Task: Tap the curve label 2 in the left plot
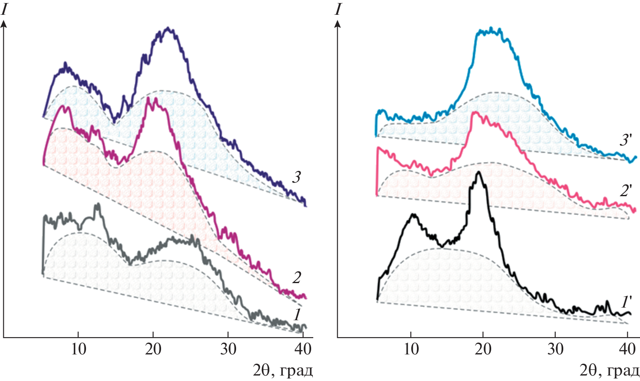coord(297,278)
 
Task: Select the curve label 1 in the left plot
coord(297,314)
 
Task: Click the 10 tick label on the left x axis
coord(78,349)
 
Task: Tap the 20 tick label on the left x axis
coord(153,349)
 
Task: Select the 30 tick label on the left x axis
coord(228,349)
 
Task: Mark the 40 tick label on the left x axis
coord(303,349)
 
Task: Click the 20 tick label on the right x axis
coord(483,349)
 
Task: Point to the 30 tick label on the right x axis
coord(556,349)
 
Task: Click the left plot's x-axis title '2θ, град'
coord(283,371)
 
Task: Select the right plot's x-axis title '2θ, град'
coord(609,371)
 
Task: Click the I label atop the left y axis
coord(5,9)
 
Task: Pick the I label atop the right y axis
coord(338,9)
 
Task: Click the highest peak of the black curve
coord(479,172)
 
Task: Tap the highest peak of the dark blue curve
coord(168,28)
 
